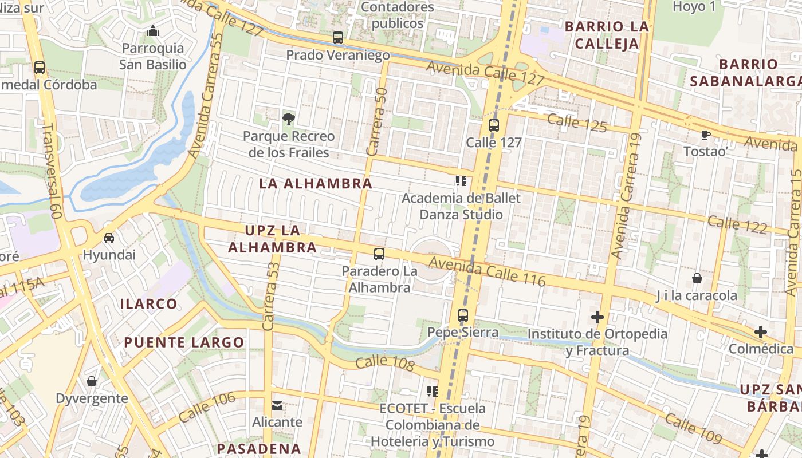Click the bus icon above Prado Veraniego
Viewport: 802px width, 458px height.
pyautogui.click(x=338, y=38)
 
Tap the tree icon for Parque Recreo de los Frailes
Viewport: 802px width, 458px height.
pyautogui.click(x=289, y=119)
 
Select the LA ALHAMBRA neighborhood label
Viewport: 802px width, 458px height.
pyautogui.click(x=316, y=184)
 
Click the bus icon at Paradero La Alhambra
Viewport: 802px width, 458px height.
pyautogui.click(x=379, y=254)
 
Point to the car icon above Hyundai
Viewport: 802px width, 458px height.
pyautogui.click(x=109, y=238)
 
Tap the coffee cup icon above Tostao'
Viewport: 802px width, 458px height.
pyautogui.click(x=705, y=135)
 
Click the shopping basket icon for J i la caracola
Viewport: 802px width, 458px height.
pyautogui.click(x=697, y=278)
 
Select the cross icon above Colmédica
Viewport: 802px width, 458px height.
pyautogui.click(x=760, y=331)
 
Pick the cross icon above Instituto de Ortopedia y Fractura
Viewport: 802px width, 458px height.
pyautogui.click(x=597, y=317)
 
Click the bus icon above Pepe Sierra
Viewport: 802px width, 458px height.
pyautogui.click(x=463, y=315)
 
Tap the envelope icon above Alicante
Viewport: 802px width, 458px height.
pyautogui.click(x=277, y=405)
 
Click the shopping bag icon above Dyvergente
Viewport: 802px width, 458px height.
pyautogui.click(x=92, y=381)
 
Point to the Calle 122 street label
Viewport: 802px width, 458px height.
pyautogui.click(x=737, y=225)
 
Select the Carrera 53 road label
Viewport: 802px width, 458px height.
pyautogui.click(x=271, y=292)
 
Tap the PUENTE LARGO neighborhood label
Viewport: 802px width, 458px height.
pyautogui.click(x=184, y=343)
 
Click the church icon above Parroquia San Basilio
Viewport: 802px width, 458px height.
pyautogui.click(x=152, y=31)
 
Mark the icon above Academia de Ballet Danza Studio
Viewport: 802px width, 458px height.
pyautogui.click(x=461, y=181)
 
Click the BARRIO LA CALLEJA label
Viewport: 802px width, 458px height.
pyautogui.click(x=607, y=34)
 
